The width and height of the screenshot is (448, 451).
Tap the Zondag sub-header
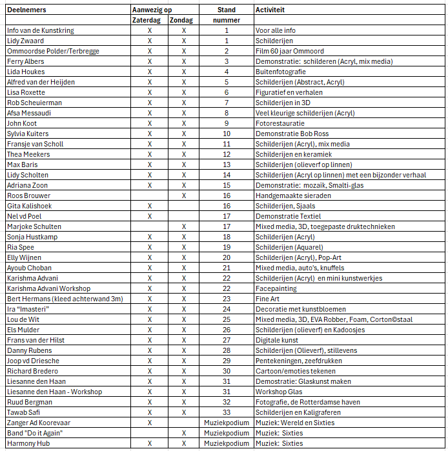pyautogui.click(x=184, y=21)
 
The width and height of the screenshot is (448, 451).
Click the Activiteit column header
pyautogui.click(x=270, y=10)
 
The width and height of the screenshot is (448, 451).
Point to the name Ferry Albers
pyautogui.click(x=25, y=61)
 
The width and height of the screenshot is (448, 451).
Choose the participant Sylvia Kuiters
pyautogui.click(x=28, y=134)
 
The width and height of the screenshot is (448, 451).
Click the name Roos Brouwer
pyautogui.click(x=28, y=195)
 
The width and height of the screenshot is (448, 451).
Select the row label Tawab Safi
pyautogui.click(x=23, y=412)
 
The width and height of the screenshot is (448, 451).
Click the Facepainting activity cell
pyautogui.click(x=276, y=288)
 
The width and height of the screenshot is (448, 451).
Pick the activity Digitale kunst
pyautogui.click(x=277, y=340)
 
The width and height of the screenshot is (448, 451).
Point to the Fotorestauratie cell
pyautogui.click(x=280, y=123)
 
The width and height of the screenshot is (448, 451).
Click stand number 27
pyautogui.click(x=227, y=340)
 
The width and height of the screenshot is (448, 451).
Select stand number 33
pyautogui.click(x=227, y=412)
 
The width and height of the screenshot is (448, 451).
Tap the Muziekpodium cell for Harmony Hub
pyautogui.click(x=227, y=443)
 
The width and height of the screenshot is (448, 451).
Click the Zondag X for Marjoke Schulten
pyautogui.click(x=184, y=226)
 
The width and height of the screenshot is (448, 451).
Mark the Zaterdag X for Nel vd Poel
pyautogui.click(x=150, y=216)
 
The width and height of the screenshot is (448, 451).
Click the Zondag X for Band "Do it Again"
pyautogui.click(x=184, y=433)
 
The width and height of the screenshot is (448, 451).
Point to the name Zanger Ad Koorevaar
pyautogui.click(x=38, y=423)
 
